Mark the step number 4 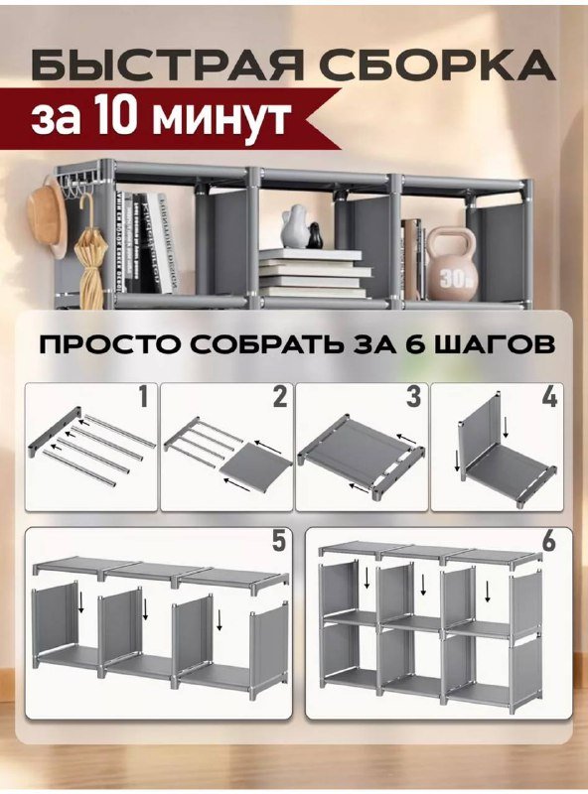[549, 399]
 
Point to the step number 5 [279, 543]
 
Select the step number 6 [549, 543]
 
